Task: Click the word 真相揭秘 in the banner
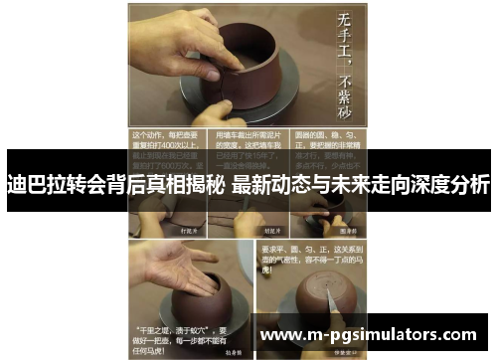point(185,185)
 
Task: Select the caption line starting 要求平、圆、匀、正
point(312,246)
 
